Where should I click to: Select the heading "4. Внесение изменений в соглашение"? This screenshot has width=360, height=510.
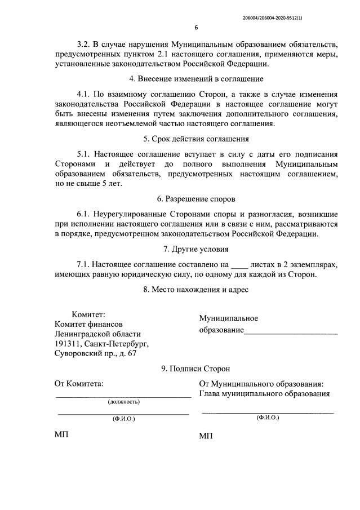pyautogui.click(x=195, y=79)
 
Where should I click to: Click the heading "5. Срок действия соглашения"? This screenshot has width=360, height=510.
pyautogui.click(x=195, y=138)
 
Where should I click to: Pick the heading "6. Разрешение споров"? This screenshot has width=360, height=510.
pyautogui.click(x=195, y=198)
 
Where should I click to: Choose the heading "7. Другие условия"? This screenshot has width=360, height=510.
pyautogui.click(x=195, y=249)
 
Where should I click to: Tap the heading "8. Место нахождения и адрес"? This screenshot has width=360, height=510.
pyautogui.click(x=195, y=290)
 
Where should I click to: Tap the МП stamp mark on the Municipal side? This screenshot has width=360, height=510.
pyautogui.click(x=207, y=437)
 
